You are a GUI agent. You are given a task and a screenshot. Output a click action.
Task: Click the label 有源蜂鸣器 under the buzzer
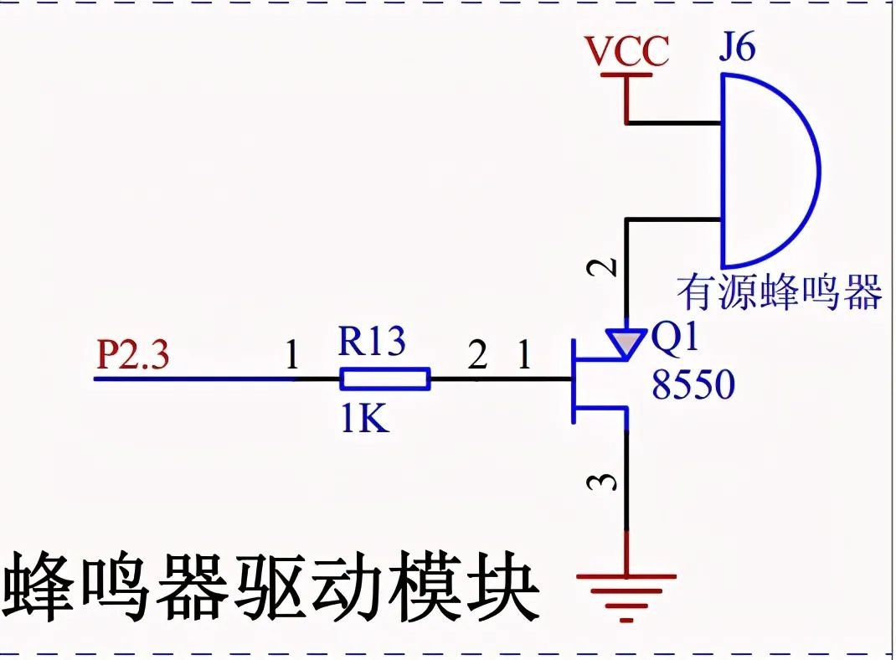click(780, 293)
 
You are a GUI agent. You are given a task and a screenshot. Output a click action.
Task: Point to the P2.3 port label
click(133, 356)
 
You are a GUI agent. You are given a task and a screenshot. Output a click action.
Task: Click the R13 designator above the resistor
click(372, 342)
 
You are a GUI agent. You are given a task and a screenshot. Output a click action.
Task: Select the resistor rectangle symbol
click(385, 379)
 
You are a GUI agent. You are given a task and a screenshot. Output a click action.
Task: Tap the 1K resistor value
click(364, 418)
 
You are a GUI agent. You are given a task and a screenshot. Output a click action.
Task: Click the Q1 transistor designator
click(674, 340)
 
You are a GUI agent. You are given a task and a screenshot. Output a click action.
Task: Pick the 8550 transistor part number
click(693, 386)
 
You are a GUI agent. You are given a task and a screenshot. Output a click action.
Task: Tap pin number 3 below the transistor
click(609, 482)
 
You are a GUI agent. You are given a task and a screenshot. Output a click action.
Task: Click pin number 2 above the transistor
click(609, 267)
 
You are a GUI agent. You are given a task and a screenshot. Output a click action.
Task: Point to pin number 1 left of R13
click(291, 358)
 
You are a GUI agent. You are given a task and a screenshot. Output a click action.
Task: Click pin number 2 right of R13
click(477, 358)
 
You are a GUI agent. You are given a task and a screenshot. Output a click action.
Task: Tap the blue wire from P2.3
click(193, 379)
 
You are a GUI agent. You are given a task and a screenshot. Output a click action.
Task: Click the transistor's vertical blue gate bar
click(573, 379)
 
